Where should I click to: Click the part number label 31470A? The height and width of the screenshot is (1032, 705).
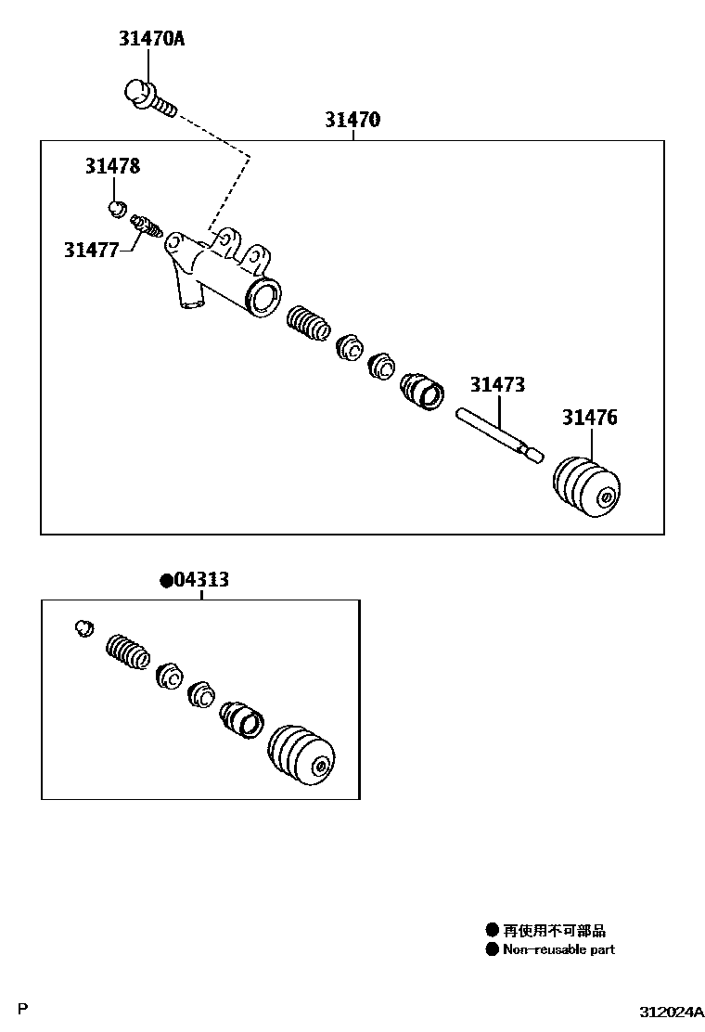pyautogui.click(x=151, y=39)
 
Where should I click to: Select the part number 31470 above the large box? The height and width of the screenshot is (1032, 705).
pyautogui.click(x=352, y=120)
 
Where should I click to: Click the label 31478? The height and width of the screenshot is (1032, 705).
pyautogui.click(x=113, y=166)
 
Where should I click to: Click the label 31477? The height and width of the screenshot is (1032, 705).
pyautogui.click(x=92, y=249)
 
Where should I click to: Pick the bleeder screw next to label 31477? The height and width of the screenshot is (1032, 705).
pyautogui.click(x=147, y=226)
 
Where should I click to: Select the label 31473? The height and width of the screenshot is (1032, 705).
pyautogui.click(x=497, y=384)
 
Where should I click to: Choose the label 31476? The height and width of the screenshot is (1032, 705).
pyautogui.click(x=589, y=418)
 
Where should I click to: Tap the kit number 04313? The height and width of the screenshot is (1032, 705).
pyautogui.click(x=201, y=580)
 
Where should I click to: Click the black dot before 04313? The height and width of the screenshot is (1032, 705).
pyautogui.click(x=166, y=581)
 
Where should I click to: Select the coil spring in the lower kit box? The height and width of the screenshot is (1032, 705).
pyautogui.click(x=128, y=651)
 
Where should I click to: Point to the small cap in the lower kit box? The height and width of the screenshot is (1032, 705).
pyautogui.click(x=83, y=627)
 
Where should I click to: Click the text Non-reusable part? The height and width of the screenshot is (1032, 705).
pyautogui.click(x=558, y=949)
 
